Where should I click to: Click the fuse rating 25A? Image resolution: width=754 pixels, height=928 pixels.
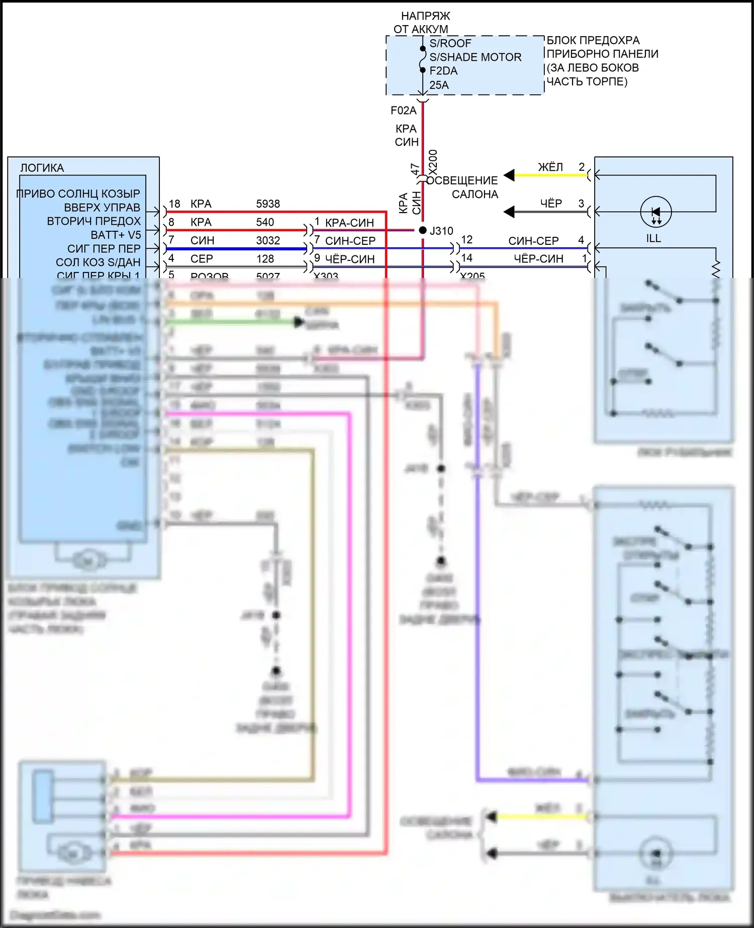tap(439, 85)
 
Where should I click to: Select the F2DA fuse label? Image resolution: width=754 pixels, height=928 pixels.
tap(443, 71)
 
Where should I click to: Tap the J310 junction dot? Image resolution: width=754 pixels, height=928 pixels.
tap(423, 230)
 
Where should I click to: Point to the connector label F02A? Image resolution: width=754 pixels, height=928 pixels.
tap(404, 111)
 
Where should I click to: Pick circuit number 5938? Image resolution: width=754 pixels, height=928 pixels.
tap(268, 204)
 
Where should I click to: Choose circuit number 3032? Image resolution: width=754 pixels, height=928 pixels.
tap(268, 240)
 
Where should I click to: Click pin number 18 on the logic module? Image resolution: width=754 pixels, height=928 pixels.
tap(174, 204)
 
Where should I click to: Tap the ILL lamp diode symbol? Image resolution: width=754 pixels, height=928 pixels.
tap(655, 212)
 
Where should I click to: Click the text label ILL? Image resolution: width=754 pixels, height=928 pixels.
tap(653, 238)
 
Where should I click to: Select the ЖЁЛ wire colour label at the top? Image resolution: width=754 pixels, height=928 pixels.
tap(550, 167)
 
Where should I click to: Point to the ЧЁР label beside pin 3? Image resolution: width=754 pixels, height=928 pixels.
tap(551, 204)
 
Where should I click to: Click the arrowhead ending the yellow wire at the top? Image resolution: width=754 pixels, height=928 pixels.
tap(509, 175)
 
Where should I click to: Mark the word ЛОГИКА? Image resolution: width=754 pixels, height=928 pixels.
tap(42, 168)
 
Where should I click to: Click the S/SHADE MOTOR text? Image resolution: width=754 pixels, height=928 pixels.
tap(475, 57)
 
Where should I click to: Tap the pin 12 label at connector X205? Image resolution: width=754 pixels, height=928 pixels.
tap(466, 240)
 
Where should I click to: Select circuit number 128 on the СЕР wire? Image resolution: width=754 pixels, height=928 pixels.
tap(265, 258)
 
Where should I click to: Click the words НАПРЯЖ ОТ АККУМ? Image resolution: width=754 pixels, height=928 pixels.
tap(422, 23)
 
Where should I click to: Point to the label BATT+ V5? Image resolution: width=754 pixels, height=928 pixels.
tap(116, 235)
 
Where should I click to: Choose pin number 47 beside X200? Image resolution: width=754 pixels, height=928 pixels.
tap(415, 169)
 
